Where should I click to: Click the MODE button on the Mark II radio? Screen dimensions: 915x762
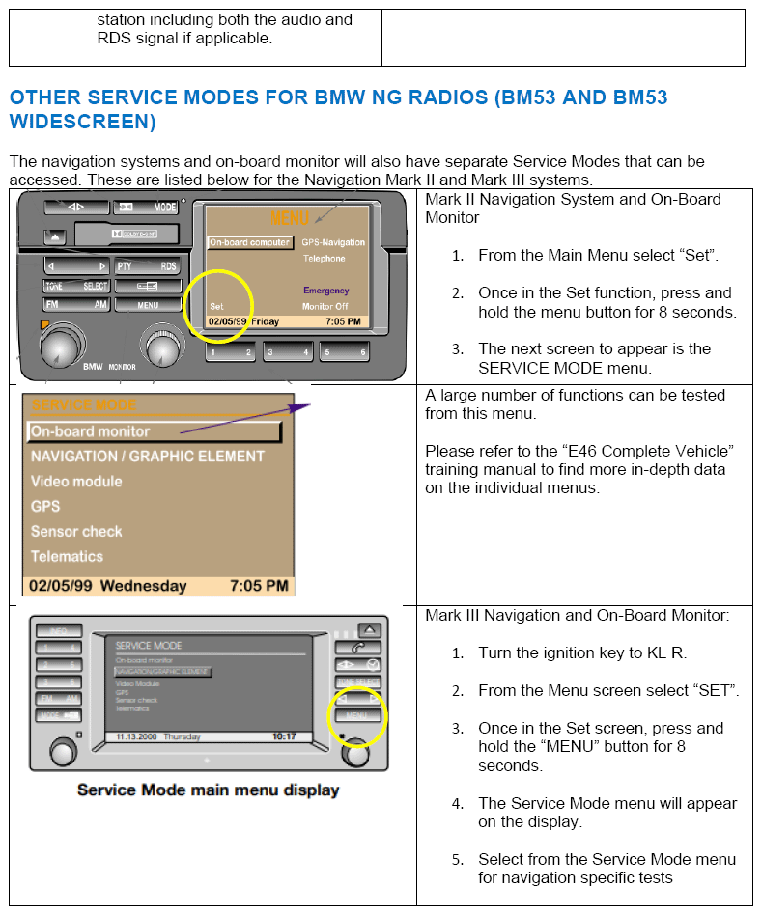click(147, 207)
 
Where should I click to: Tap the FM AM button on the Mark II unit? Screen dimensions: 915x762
click(76, 305)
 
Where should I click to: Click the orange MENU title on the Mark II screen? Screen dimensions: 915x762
click(291, 219)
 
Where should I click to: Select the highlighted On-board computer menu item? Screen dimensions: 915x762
click(249, 242)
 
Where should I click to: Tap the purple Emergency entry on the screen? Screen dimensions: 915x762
click(326, 290)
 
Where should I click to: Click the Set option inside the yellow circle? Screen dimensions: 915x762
click(216, 306)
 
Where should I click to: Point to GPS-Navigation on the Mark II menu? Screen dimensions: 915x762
click(333, 242)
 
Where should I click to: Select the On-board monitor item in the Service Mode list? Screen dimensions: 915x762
click(91, 431)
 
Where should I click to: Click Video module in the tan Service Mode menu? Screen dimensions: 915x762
click(76, 481)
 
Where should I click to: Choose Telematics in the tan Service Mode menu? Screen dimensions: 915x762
click(67, 556)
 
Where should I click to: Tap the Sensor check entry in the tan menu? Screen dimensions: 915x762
click(76, 531)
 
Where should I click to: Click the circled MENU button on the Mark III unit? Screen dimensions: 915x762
click(356, 715)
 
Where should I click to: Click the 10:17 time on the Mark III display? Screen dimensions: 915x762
click(285, 736)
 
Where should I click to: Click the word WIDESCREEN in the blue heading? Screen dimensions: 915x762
click(82, 122)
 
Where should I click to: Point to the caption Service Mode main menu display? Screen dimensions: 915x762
click(208, 790)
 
